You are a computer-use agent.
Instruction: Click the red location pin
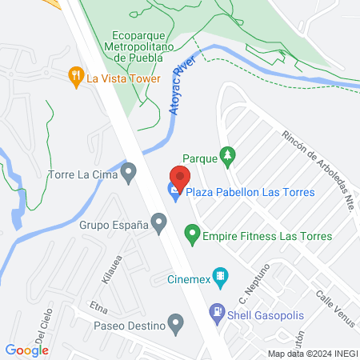point(179,177)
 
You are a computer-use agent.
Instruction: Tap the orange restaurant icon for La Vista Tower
point(76,77)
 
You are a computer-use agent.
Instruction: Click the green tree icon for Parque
point(229,158)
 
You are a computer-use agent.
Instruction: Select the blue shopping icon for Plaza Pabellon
point(174,190)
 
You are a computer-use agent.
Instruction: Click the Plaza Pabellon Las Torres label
point(250,192)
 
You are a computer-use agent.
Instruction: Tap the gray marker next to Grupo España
point(159,225)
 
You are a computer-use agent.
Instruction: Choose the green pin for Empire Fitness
point(192,235)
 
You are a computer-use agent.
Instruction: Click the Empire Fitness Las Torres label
point(267,236)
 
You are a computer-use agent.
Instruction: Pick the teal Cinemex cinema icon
point(222,279)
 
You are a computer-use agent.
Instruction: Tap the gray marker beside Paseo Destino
point(178,326)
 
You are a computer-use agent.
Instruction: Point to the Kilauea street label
point(110,268)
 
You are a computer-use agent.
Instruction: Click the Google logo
point(27,350)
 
